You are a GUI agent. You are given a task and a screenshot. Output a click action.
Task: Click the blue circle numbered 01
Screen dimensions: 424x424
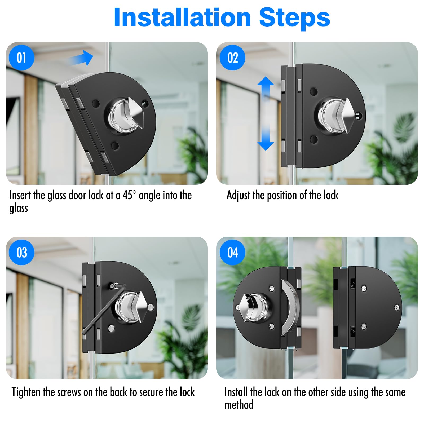click(x=21, y=58)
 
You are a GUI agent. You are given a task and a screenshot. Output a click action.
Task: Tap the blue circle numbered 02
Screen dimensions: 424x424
click(x=232, y=58)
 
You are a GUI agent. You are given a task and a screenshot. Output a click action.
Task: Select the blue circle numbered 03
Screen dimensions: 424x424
click(x=21, y=252)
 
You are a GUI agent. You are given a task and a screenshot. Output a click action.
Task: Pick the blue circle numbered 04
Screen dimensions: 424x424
click(x=232, y=252)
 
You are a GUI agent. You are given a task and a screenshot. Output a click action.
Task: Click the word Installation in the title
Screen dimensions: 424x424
click(x=182, y=17)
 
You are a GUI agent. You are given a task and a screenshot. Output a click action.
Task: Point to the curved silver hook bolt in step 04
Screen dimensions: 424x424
click(x=290, y=307)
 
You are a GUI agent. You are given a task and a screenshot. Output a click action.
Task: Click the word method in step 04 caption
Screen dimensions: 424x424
click(x=239, y=405)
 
